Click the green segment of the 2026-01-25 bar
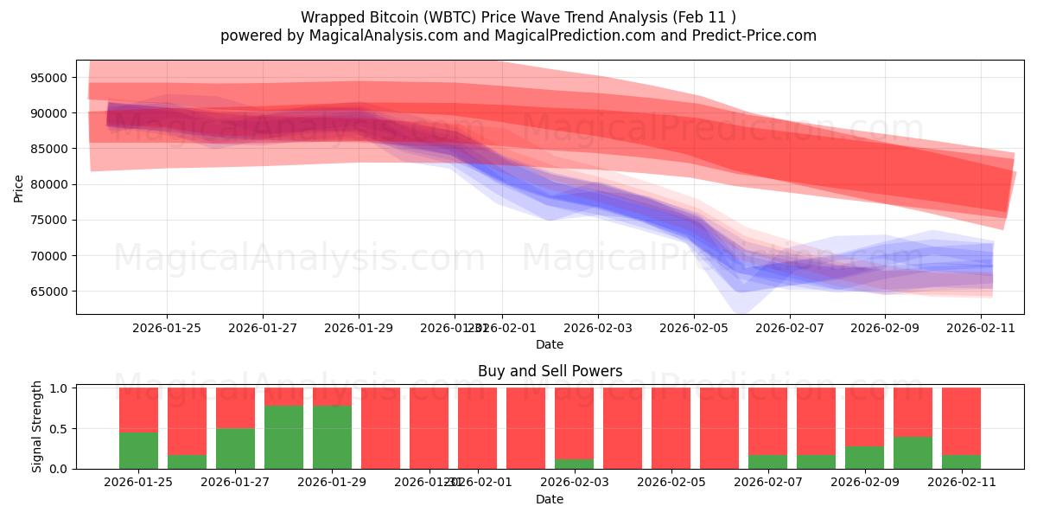pos(138,450)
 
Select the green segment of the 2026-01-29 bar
pos(332,437)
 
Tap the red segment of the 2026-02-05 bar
pos(671,428)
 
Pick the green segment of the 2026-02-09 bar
pos(864,458)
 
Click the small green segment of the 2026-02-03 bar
pos(574,465)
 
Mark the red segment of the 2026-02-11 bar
pos(961,420)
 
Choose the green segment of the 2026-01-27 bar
pos(235,448)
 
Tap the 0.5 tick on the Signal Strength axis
pos(59,429)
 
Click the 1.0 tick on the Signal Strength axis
pos(59,389)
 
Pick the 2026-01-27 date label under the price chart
pos(263,328)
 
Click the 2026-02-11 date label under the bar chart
pos(961,483)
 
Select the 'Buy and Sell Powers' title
pos(550,371)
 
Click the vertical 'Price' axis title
pos(19,188)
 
